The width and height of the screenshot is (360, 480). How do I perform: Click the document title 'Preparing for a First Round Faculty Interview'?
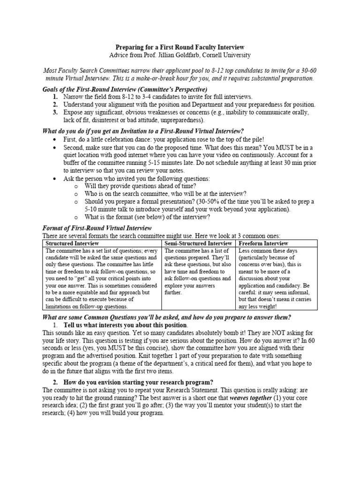(180, 47)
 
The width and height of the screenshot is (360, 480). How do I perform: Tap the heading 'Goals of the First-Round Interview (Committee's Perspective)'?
(125, 89)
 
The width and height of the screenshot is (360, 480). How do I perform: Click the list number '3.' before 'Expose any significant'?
(55, 112)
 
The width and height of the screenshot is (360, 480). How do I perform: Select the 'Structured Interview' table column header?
(72, 243)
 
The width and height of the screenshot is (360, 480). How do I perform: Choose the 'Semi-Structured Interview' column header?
(198, 243)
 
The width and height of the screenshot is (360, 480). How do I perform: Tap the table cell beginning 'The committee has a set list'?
(102, 278)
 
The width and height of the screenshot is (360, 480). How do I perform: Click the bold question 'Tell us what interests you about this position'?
(125, 325)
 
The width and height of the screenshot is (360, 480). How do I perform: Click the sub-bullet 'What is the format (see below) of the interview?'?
(147, 217)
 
